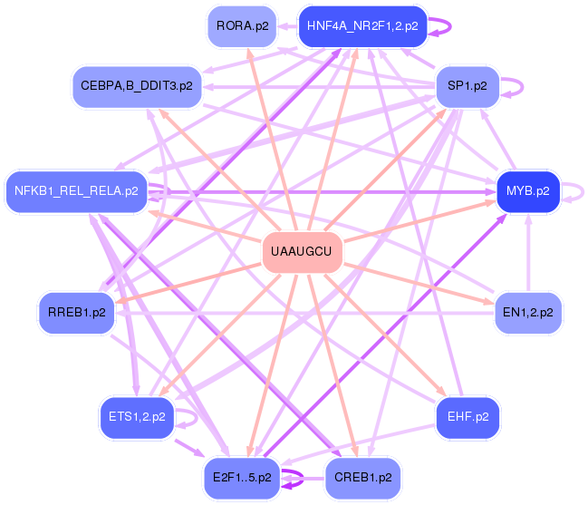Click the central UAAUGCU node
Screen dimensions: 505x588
[302, 249]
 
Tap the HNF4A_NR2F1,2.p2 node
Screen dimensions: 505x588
[361, 25]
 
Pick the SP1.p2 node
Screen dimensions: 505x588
[468, 85]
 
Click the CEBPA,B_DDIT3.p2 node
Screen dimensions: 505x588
[136, 85]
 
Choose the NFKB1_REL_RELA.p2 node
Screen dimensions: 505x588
[76, 191]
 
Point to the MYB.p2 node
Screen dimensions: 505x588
[527, 191]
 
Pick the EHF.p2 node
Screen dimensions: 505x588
[468, 417]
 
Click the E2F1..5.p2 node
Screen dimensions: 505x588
[242, 477]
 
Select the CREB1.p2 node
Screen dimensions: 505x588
[361, 477]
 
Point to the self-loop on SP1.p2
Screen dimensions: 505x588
[515, 86]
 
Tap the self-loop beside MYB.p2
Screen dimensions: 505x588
[575, 191]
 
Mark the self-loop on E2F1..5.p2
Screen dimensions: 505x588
[294, 478]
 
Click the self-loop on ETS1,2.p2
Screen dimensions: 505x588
[188, 418]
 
